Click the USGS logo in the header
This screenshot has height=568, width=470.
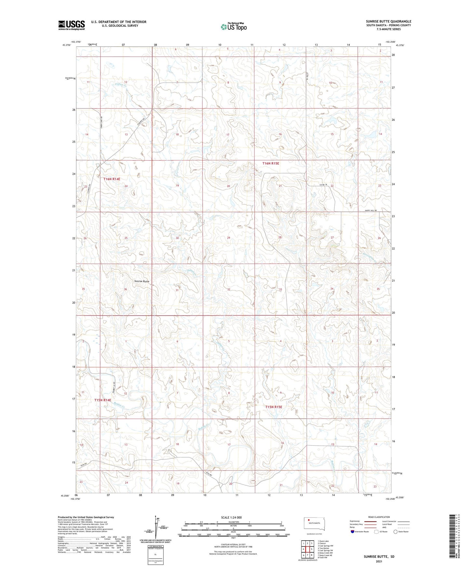pyautogui.click(x=71, y=25)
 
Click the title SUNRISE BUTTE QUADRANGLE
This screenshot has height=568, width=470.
pyautogui.click(x=388, y=21)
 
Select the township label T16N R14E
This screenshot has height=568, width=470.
pyautogui.click(x=112, y=179)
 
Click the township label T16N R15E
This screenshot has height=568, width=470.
pyautogui.click(x=271, y=163)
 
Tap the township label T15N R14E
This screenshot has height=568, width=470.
pyautogui.click(x=103, y=400)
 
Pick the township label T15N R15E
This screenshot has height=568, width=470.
pyautogui.click(x=274, y=407)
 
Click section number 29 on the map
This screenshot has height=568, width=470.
pyautogui.click(x=229, y=238)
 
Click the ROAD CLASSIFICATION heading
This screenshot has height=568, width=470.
pyautogui.click(x=379, y=517)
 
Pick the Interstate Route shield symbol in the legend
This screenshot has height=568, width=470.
pyautogui.click(x=353, y=532)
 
